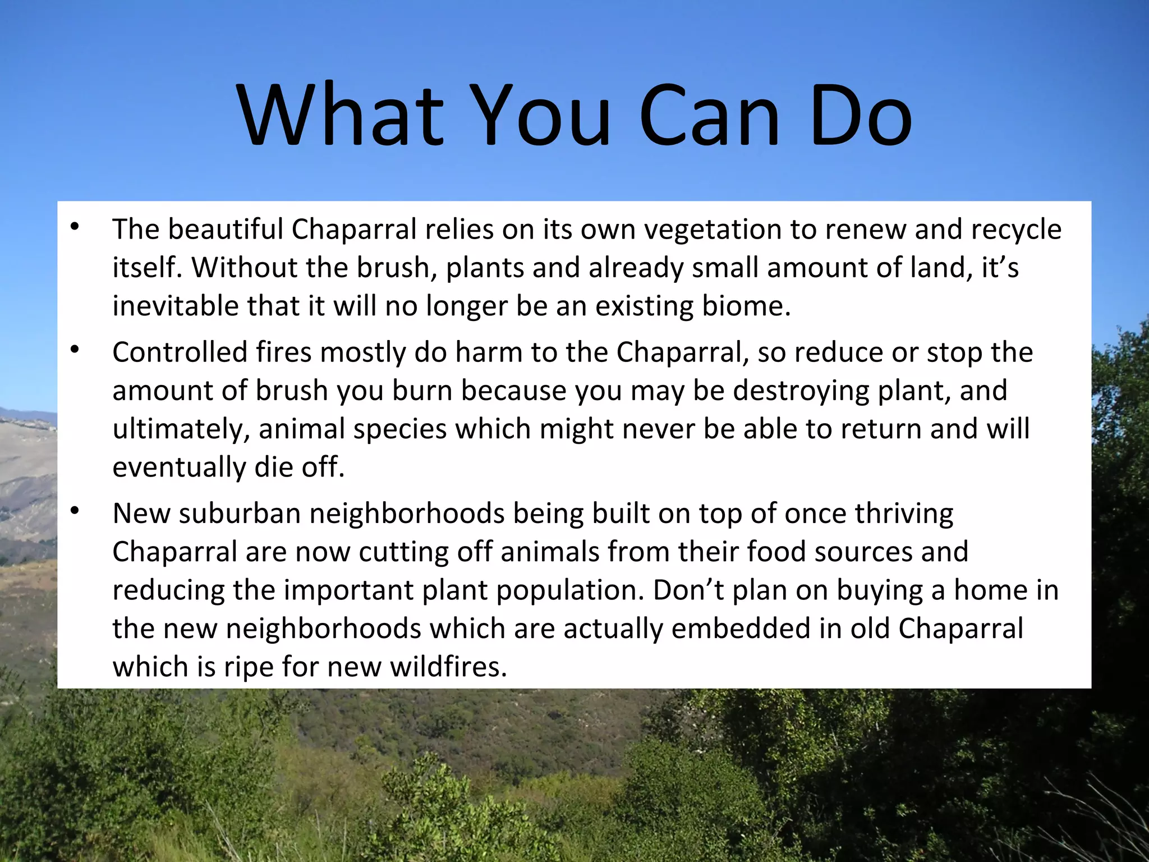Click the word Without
click(x=245, y=268)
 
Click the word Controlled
click(x=180, y=352)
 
